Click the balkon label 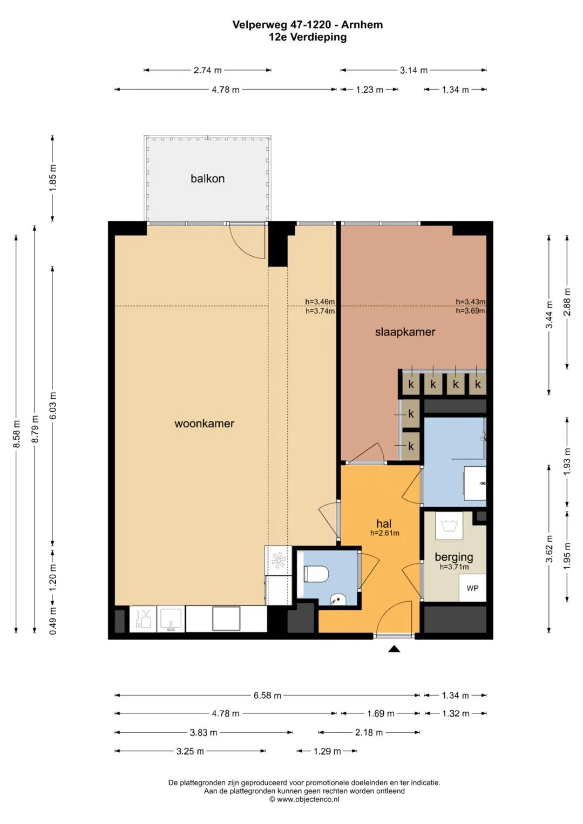pos(207,179)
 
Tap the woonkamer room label pos(204,424)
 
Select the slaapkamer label pos(405,332)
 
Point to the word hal pos(383,523)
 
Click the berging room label pos(454,557)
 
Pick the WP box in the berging pos(472,588)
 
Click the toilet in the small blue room pos(316,574)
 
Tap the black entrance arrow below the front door pos(394,649)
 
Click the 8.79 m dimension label pos(35,429)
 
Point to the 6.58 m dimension pos(267,695)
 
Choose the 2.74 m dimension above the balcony pos(208,70)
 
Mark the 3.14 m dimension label pos(413,70)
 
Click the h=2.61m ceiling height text pos(384,533)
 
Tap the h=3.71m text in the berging pos(454,567)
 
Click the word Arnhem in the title pos(362,25)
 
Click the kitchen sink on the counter pos(171,619)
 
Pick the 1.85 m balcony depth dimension pos(53,178)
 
